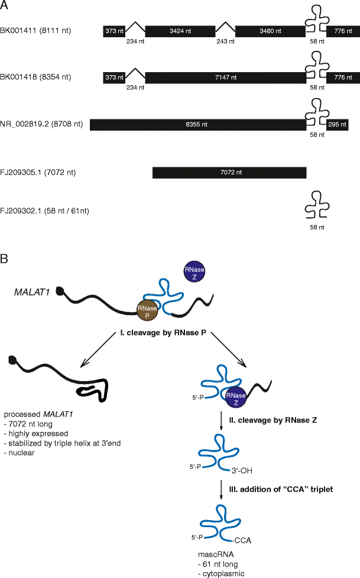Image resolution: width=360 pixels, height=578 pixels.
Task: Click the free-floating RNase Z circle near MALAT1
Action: tap(195, 270)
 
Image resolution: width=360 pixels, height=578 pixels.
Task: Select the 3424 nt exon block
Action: tap(180, 30)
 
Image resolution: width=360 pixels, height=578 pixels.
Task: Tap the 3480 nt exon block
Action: tap(270, 30)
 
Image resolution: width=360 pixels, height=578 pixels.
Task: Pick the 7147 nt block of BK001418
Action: tap(225, 77)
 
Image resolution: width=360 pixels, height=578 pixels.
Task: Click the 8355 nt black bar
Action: tap(198, 125)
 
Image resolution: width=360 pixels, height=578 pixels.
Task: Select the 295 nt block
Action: tap(338, 125)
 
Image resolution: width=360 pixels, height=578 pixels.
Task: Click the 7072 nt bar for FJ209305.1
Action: tap(229, 173)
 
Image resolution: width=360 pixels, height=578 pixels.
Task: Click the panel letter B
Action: tap(5, 259)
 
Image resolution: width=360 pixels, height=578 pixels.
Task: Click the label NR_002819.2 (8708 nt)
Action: tap(41, 125)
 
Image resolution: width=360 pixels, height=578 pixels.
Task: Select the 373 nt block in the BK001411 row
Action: tap(113, 30)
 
